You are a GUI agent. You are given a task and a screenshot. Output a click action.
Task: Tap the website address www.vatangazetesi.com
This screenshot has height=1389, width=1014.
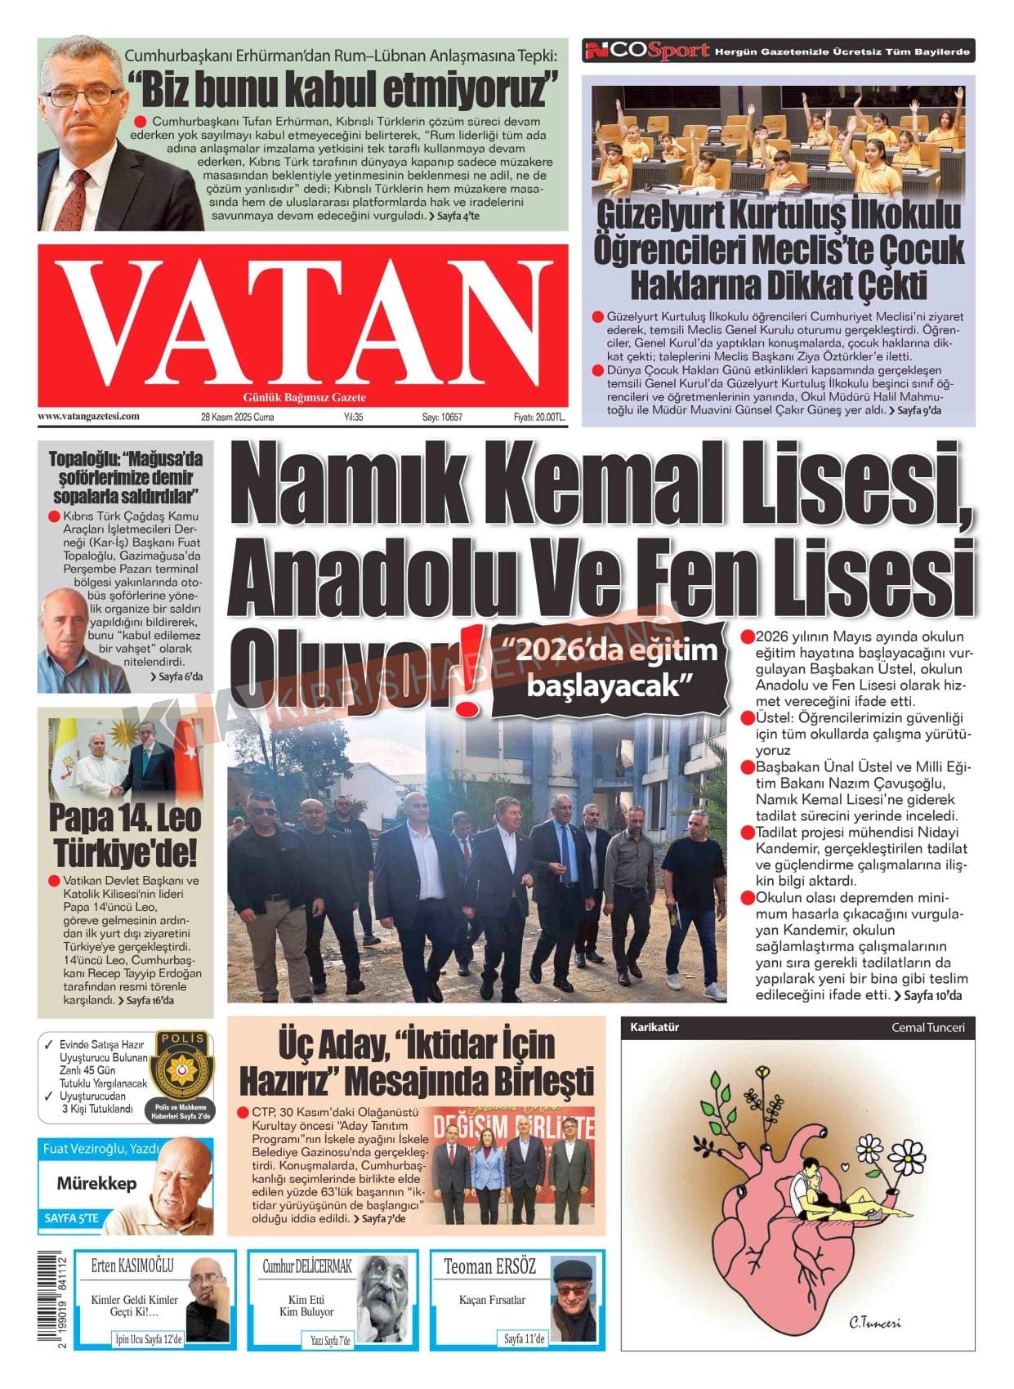coord(88,416)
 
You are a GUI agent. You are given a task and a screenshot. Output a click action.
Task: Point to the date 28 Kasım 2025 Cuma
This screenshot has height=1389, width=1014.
coord(237,417)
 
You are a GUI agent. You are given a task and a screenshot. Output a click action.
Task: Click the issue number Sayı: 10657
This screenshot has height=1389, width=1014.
coord(442,417)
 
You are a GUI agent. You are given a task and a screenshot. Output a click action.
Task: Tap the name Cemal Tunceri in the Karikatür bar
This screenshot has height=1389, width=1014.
coord(927,1027)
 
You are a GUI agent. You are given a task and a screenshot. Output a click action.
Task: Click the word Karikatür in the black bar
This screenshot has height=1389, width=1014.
coord(654,1027)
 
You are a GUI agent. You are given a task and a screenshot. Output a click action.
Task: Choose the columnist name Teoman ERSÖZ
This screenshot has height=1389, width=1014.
coord(489,1266)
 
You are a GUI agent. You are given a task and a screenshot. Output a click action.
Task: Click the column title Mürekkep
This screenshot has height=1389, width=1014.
coord(96,1183)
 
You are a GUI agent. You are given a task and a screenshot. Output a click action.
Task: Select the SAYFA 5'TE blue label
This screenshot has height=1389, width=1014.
coord(71,1218)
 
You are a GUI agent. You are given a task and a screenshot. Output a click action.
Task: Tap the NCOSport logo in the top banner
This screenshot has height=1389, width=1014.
coord(646,51)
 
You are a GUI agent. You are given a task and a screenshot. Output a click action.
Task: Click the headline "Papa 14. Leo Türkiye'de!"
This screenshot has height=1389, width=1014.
coord(125,834)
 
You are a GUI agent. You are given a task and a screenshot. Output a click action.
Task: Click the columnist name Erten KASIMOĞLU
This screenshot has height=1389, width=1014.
coord(132,1266)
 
